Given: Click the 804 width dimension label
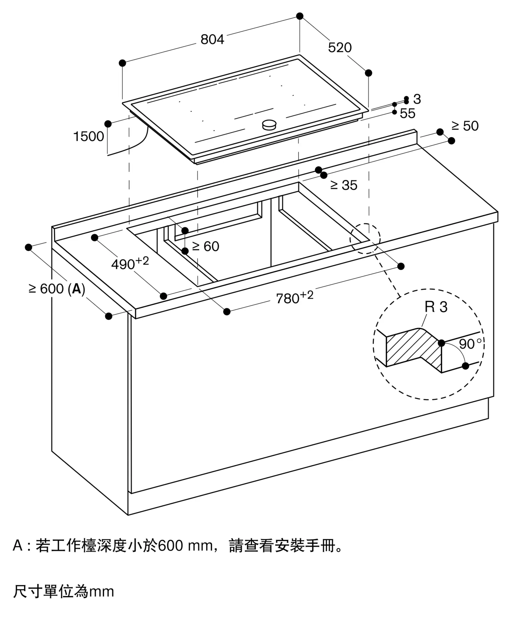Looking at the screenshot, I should (x=212, y=39).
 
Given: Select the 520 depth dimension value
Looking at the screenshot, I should (x=339, y=48).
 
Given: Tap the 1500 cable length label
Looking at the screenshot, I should (x=89, y=137).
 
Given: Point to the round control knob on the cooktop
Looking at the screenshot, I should (x=269, y=125).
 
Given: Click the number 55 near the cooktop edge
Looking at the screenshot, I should (x=407, y=114).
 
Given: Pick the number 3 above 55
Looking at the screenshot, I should (x=417, y=99).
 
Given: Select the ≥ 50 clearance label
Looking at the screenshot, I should (x=465, y=126).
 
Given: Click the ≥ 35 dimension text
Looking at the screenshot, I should (x=344, y=185).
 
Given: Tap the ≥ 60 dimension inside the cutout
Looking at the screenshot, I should (x=205, y=246).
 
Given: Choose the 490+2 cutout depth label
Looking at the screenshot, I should (x=130, y=264).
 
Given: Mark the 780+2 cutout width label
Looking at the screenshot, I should (x=294, y=298).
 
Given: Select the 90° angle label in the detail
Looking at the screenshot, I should (x=469, y=344).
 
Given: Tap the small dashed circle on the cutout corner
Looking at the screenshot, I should (x=365, y=239).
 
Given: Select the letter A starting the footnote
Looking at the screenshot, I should (x=18, y=546).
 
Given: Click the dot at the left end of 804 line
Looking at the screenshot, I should (x=122, y=63).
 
